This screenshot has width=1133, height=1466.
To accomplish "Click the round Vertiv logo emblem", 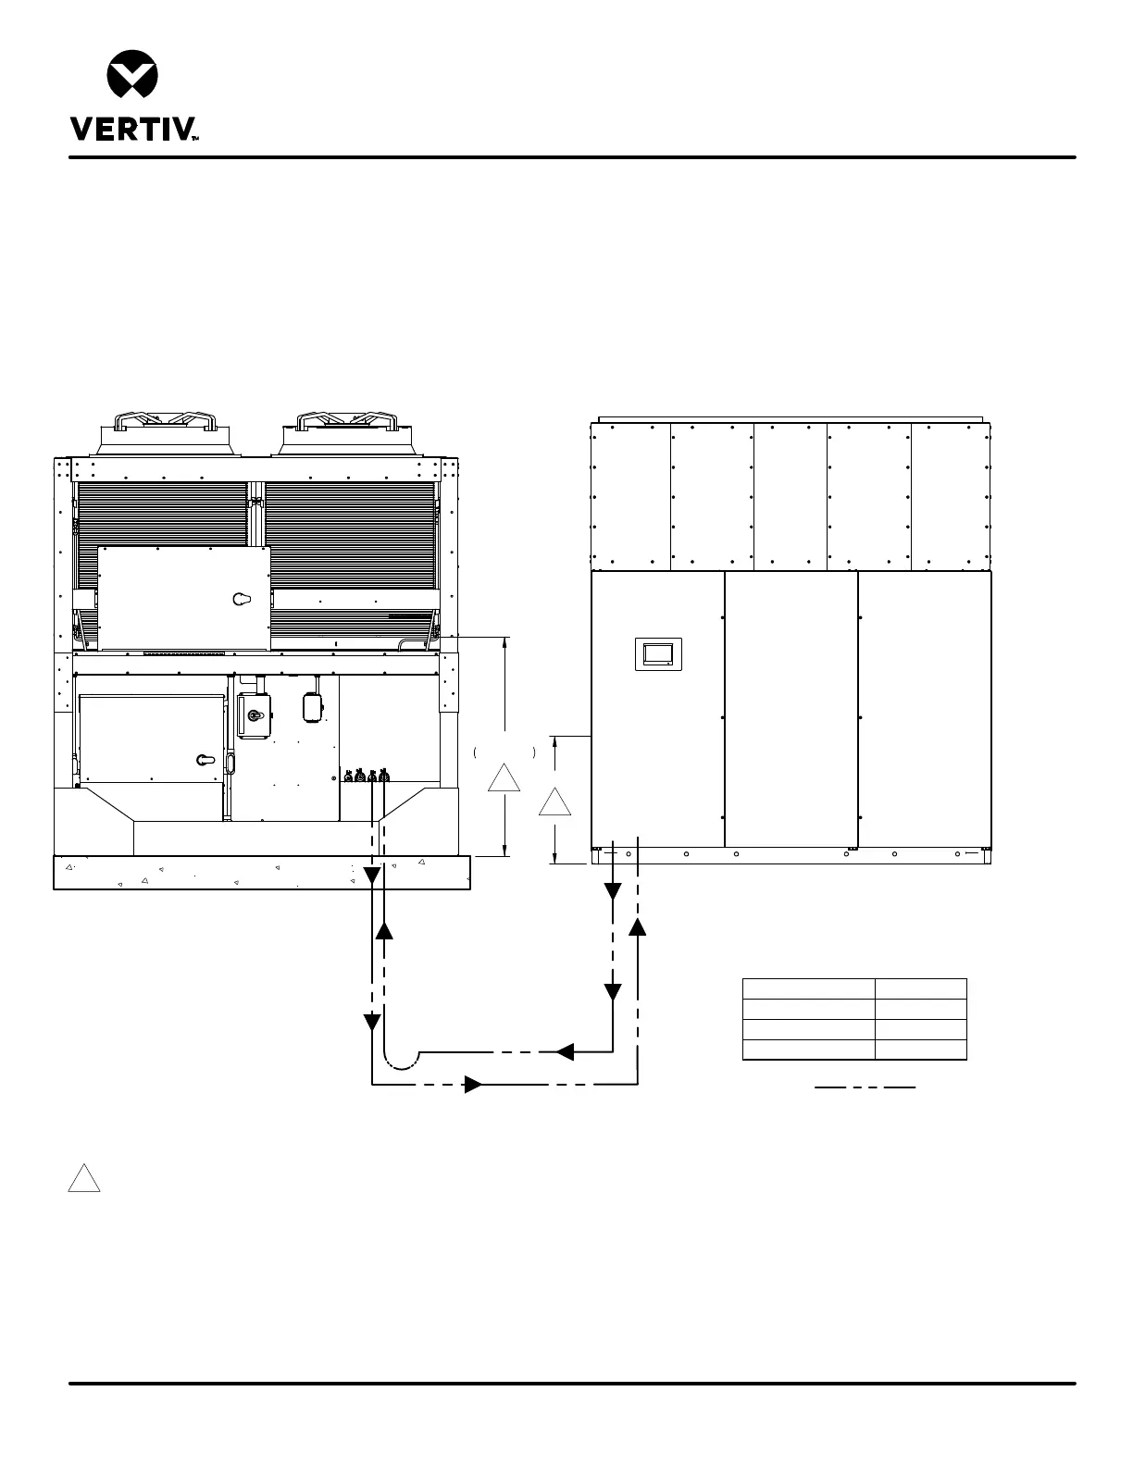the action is coord(132,73).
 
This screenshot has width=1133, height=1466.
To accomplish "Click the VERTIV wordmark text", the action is coord(133,129).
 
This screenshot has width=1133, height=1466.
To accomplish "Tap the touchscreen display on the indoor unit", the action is coord(658,653).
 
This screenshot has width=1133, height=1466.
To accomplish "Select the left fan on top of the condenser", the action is coord(166,432).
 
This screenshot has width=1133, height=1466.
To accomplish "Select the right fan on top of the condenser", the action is coord(347,432).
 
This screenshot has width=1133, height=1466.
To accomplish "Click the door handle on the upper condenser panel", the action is coord(242,599).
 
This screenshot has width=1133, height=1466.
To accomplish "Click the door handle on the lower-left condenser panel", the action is coord(205,760).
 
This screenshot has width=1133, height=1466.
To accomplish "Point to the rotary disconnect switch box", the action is coord(254,716).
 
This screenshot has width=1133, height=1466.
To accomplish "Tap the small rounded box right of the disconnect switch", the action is coord(313,707).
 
